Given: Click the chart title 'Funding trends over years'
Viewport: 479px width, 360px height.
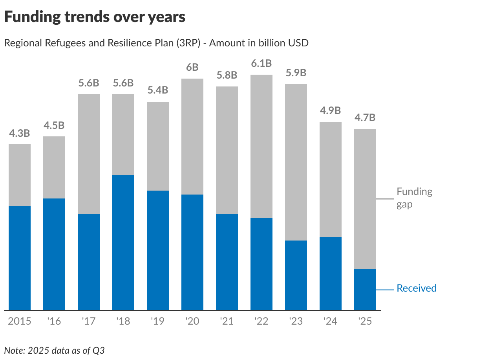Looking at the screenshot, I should click(x=95, y=17).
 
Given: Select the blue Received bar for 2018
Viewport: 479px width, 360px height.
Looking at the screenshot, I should click(x=123, y=242).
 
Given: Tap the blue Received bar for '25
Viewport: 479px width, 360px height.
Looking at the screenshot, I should click(x=365, y=289).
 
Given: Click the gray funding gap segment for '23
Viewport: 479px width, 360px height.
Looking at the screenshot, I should click(x=296, y=162).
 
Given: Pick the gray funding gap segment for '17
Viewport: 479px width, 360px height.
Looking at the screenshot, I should click(x=89, y=154).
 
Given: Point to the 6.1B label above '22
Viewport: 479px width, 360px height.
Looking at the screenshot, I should click(x=261, y=64).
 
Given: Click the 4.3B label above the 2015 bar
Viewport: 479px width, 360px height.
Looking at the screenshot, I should click(x=20, y=133).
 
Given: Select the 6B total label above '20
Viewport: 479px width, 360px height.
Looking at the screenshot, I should click(x=192, y=68).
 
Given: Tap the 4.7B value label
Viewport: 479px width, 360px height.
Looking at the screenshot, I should click(x=365, y=118).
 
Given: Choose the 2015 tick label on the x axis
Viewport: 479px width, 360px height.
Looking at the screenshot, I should click(x=20, y=321).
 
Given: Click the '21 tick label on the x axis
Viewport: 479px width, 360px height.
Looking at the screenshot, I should click(x=227, y=321).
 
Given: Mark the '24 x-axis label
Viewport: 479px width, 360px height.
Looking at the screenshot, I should click(x=331, y=321).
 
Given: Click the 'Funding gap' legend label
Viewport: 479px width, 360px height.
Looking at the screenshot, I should click(x=414, y=198).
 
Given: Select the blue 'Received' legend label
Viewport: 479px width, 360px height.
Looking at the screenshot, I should click(x=417, y=288).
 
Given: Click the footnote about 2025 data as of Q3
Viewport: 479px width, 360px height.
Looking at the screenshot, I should click(x=55, y=351).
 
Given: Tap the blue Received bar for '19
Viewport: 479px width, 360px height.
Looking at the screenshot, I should click(x=158, y=250).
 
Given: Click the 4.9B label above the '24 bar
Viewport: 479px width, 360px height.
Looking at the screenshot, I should click(x=331, y=111).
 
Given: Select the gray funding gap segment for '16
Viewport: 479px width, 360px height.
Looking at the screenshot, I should click(x=54, y=167).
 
